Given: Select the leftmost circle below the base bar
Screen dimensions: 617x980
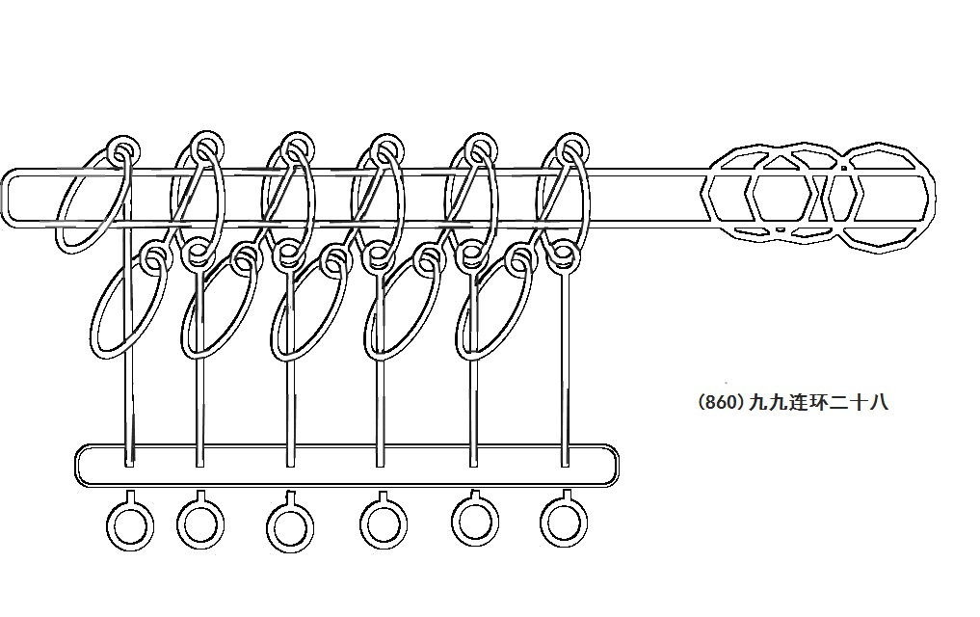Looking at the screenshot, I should click(129, 526).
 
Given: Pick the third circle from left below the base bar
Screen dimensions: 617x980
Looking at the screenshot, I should click(290, 525).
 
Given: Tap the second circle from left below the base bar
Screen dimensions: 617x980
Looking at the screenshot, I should click(200, 523).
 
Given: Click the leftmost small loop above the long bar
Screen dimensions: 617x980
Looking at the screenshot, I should click(122, 151).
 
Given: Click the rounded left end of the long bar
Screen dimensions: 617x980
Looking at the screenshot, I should click(12, 199).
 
